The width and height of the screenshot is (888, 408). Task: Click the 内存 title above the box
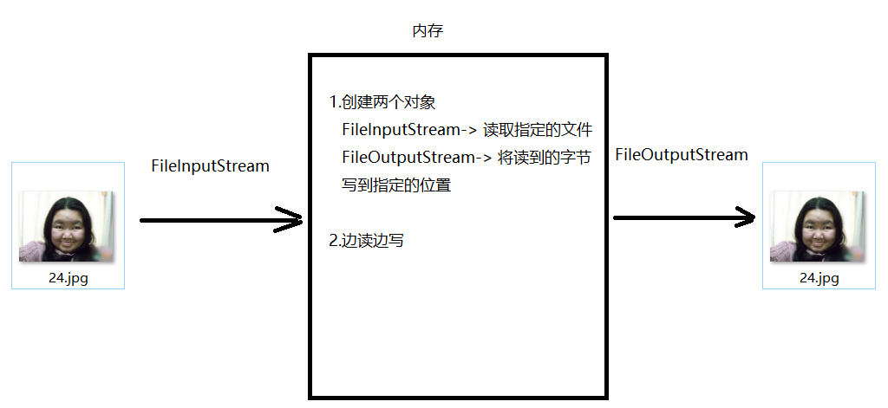pyautogui.click(x=428, y=31)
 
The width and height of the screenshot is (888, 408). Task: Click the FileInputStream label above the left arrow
pyautogui.click(x=210, y=165)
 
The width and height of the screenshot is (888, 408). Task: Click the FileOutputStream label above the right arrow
pyautogui.click(x=681, y=155)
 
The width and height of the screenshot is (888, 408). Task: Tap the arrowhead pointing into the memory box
pyautogui.click(x=291, y=220)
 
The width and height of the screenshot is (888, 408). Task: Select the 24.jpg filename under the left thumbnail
pyautogui.click(x=68, y=278)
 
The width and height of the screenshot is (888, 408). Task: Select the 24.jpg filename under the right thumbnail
pyautogui.click(x=819, y=278)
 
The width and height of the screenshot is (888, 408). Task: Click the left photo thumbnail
pyautogui.click(x=67, y=227)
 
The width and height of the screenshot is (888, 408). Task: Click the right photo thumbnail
pyautogui.click(x=818, y=227)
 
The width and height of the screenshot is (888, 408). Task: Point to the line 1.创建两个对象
pyautogui.click(x=382, y=102)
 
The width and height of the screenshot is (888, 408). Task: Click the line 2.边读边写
pyautogui.click(x=367, y=241)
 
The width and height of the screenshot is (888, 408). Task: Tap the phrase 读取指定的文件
pyautogui.click(x=538, y=130)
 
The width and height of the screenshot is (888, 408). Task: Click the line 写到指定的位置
pyautogui.click(x=396, y=185)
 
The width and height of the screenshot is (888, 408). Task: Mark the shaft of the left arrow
pyautogui.click(x=208, y=220)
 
